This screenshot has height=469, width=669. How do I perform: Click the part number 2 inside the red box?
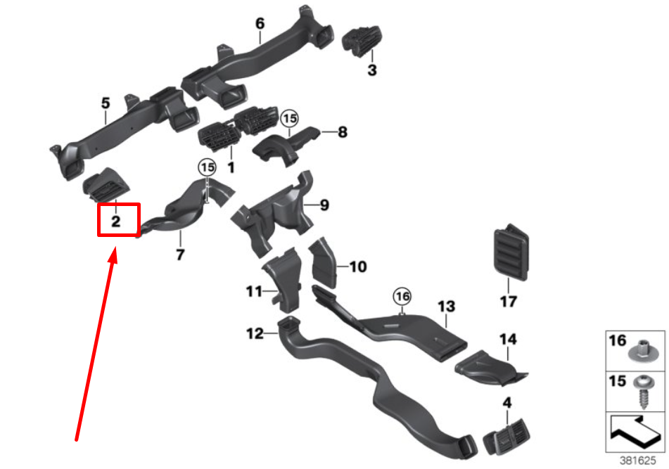(x=116, y=221)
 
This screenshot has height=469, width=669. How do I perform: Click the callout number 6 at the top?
(x=260, y=24)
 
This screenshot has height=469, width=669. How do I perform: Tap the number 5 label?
(x=106, y=104)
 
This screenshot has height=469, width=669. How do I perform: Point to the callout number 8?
(x=343, y=131)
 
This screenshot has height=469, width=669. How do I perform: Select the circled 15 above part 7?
(x=206, y=167)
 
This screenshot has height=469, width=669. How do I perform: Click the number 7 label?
(x=180, y=255)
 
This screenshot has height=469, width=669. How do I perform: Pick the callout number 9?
(x=324, y=205)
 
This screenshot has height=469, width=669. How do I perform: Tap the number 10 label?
(x=358, y=267)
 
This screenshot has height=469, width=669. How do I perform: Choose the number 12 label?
(x=255, y=333)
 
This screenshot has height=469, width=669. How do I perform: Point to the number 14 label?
(x=508, y=340)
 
